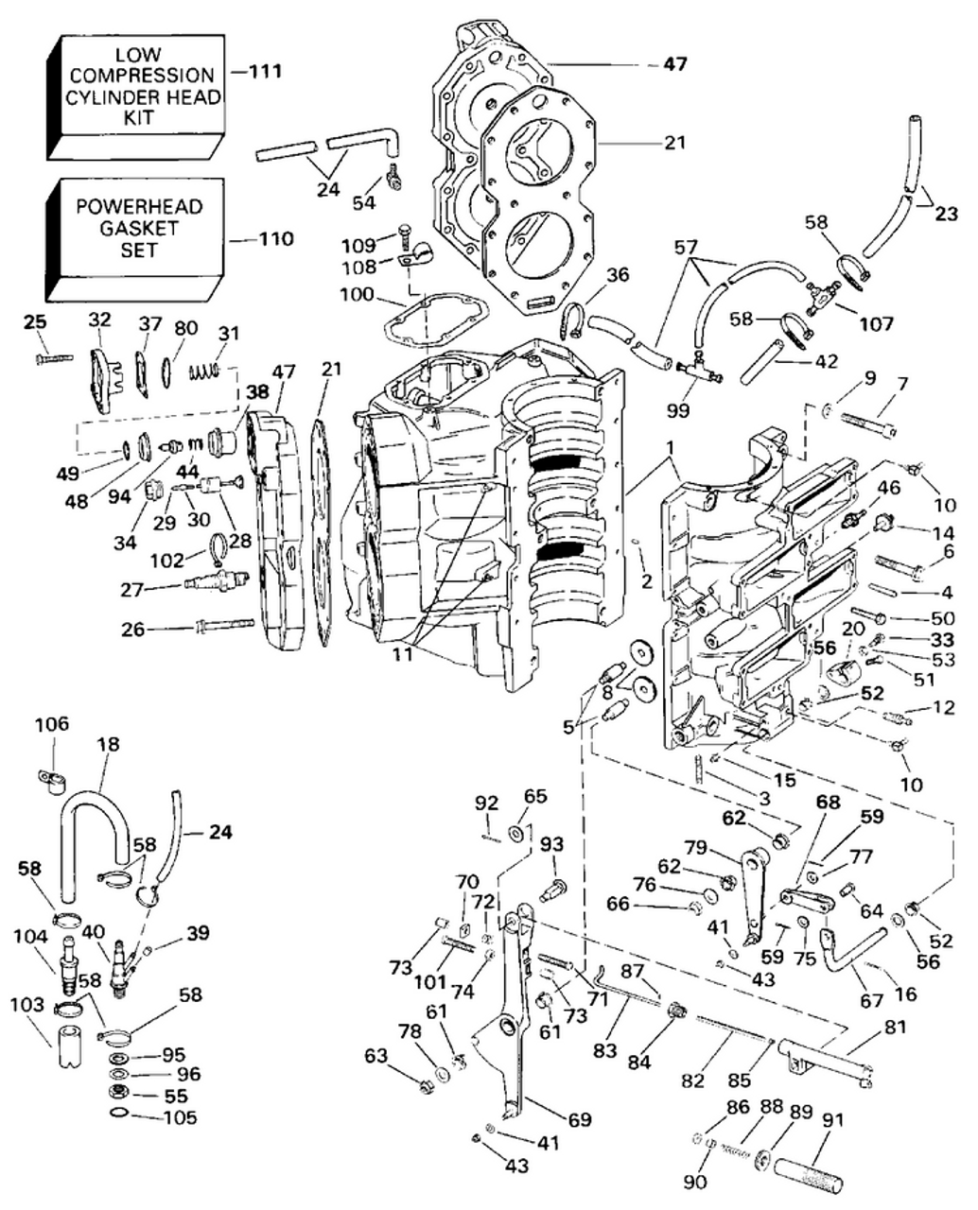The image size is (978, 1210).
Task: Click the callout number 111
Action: [x=264, y=71]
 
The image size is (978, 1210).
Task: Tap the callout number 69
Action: [x=579, y=1120]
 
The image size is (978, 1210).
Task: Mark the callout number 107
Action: [x=876, y=324]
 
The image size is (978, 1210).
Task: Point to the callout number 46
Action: [x=889, y=488]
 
